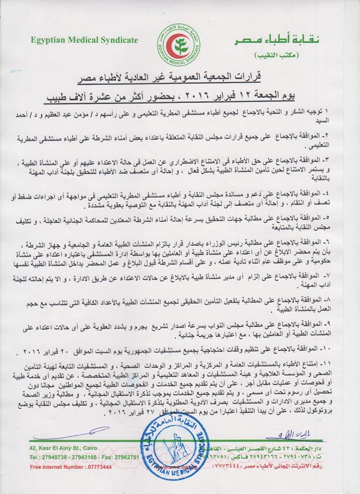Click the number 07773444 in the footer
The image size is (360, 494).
coord(98,468)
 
